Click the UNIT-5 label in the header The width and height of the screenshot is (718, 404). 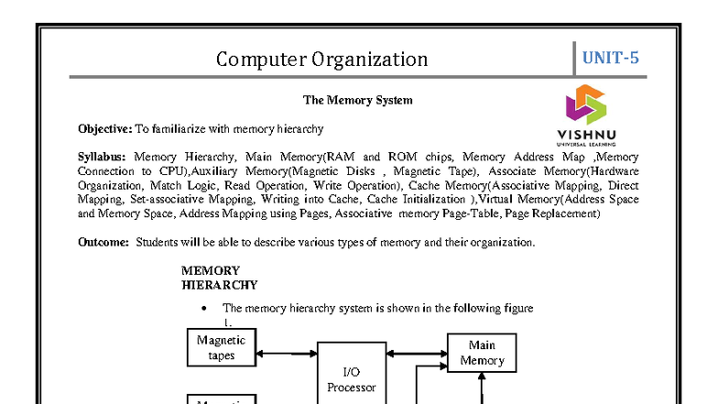coord(611,58)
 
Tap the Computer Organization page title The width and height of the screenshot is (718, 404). coord(321,60)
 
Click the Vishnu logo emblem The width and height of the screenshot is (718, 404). coord(585,104)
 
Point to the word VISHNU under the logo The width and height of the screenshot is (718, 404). coord(585,134)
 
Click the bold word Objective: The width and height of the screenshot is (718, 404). coord(104,129)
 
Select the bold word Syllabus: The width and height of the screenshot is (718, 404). coord(104,157)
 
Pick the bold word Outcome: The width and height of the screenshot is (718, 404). coord(103,243)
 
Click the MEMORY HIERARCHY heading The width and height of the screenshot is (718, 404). coord(219,278)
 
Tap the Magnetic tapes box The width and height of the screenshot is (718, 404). coord(222,348)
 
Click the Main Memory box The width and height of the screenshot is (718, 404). coord(482,353)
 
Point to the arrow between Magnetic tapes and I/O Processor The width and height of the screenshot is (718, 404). coord(287,351)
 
